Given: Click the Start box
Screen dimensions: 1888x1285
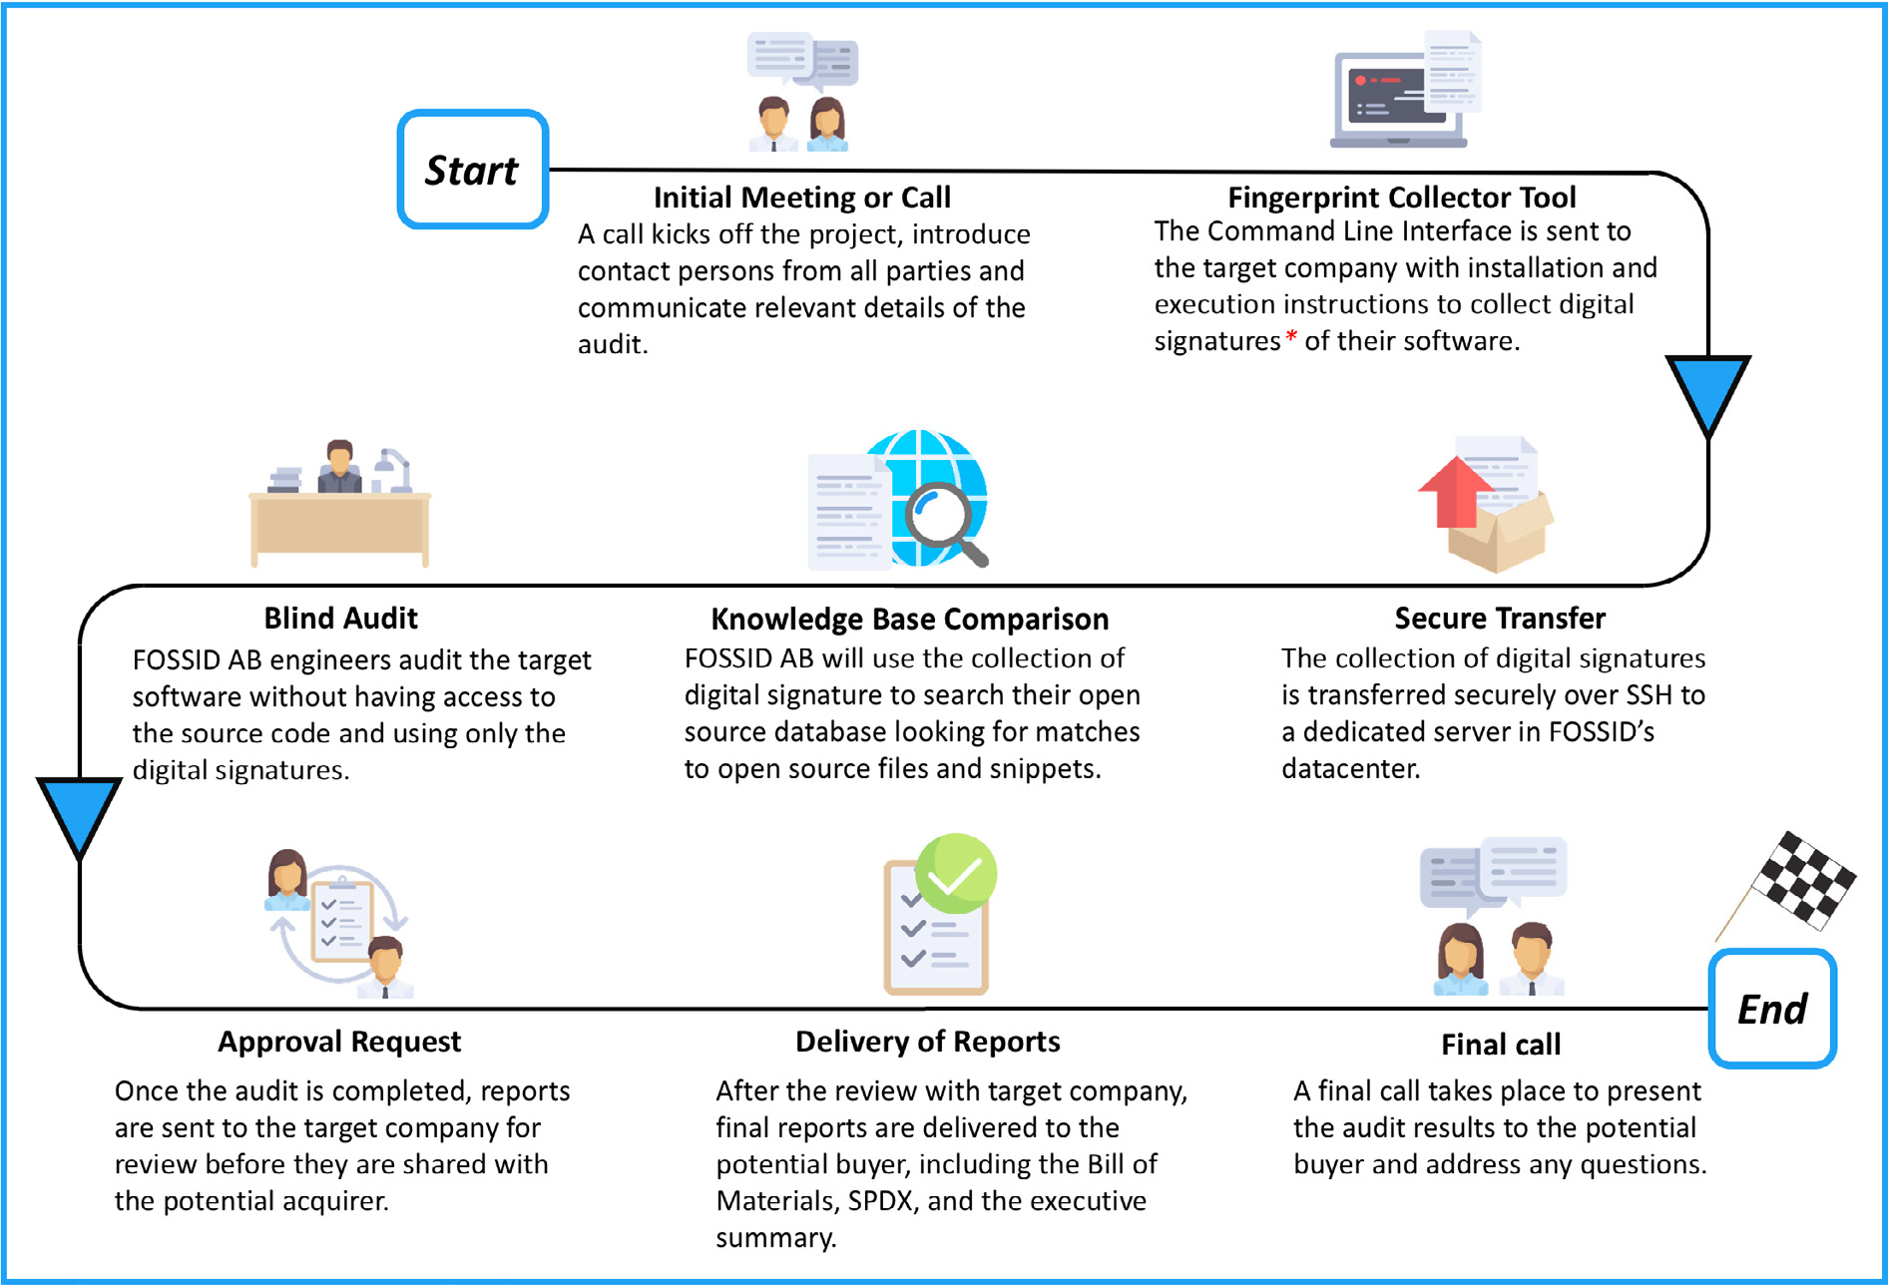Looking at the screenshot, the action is (473, 170).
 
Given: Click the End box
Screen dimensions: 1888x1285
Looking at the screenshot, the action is (1772, 1009).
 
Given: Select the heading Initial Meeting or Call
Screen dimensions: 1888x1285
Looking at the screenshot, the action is (802, 198).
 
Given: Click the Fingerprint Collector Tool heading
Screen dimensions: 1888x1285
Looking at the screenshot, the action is (1402, 198).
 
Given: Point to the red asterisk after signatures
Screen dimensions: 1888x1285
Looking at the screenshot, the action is (1291, 336).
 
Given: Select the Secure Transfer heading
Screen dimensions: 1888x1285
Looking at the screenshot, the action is (1500, 619).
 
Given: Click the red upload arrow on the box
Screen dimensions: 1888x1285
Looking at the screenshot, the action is (1455, 493).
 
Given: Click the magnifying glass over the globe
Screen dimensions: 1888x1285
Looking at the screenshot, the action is (944, 523).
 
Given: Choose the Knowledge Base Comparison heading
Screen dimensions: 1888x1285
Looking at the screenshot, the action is (910, 620).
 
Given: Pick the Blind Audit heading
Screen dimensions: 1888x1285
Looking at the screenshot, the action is (341, 619).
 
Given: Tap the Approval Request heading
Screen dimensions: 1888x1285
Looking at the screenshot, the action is (339, 1042).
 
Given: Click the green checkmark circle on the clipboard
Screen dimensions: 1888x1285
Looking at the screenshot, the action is (956, 874).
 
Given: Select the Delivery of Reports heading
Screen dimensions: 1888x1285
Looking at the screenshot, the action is (928, 1042).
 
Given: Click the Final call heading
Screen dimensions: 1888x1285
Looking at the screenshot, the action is (1501, 1045).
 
